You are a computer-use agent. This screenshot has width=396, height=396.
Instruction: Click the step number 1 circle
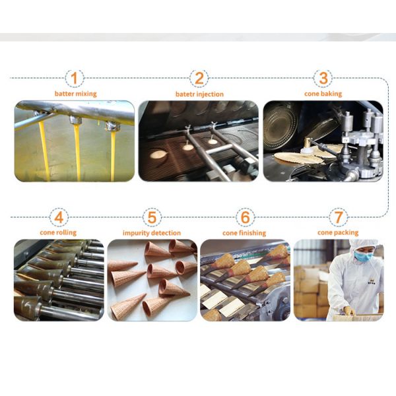[74, 79]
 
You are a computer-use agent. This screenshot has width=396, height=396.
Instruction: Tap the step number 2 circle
[199, 79]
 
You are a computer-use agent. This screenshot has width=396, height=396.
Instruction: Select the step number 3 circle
[323, 79]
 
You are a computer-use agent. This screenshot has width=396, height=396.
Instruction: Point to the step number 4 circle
[59, 217]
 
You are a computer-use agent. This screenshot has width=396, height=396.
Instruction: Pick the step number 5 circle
[152, 217]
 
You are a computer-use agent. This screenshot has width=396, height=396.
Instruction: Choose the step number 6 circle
[245, 217]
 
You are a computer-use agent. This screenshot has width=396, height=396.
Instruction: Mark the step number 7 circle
[339, 217]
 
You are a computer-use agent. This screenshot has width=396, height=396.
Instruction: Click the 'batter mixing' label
[76, 94]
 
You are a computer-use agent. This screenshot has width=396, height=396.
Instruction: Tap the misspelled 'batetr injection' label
[199, 94]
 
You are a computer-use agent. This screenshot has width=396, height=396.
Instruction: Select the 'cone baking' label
[323, 94]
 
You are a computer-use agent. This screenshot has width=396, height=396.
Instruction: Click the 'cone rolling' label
[58, 232]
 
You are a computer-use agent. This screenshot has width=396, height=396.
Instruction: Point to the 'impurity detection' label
[152, 233]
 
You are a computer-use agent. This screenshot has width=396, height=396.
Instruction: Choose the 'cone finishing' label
[244, 233]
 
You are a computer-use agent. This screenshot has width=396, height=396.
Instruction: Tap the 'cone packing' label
[338, 232]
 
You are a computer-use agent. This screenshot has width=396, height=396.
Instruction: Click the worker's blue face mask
[362, 255]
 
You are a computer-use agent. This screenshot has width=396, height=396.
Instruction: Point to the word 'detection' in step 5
[166, 233]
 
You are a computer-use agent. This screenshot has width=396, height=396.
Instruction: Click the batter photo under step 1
[75, 141]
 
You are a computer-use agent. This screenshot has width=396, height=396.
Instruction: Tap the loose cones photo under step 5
[152, 280]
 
